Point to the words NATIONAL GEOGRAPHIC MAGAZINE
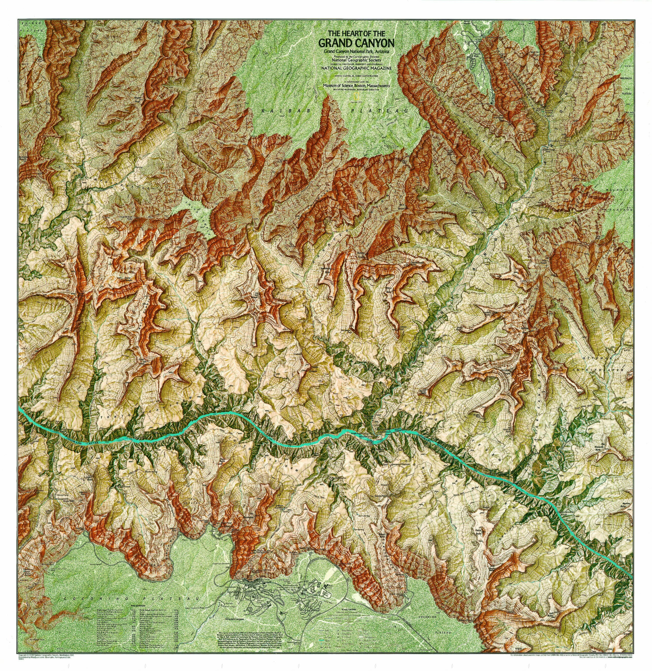pos(356,68)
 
